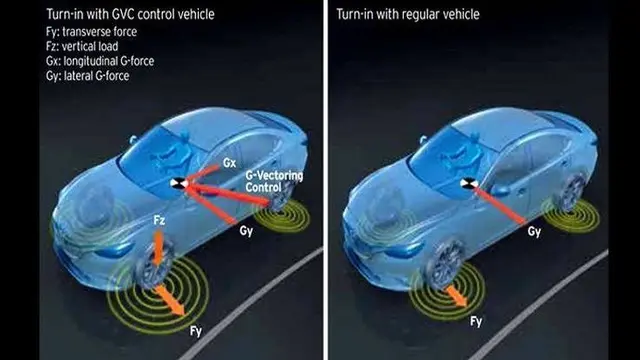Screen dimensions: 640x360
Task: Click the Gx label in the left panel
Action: [229, 163]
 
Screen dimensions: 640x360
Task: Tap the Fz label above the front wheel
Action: [159, 220]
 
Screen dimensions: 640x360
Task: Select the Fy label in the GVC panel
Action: [196, 331]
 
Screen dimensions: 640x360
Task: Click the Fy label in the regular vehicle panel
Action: [476, 321]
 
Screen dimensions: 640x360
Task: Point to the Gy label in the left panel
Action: [246, 231]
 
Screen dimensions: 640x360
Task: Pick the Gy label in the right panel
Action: [534, 231]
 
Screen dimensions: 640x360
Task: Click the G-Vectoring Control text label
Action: [274, 182]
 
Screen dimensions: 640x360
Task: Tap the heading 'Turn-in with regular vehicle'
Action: [408, 14]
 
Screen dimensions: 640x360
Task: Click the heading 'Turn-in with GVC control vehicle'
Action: [130, 14]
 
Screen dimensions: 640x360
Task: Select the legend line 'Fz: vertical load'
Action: [82, 46]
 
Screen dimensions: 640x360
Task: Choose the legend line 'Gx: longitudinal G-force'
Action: [100, 61]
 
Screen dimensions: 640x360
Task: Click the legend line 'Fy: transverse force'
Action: [91, 32]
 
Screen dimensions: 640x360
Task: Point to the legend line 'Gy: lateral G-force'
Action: [88, 76]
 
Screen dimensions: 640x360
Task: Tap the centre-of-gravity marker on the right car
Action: [469, 183]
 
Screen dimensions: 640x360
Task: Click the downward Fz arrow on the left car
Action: [158, 248]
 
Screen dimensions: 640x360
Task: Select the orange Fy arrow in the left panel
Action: [170, 300]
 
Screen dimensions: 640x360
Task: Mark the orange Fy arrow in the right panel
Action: [457, 296]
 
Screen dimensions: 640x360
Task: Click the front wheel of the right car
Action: [444, 264]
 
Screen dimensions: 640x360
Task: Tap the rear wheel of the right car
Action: [573, 192]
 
